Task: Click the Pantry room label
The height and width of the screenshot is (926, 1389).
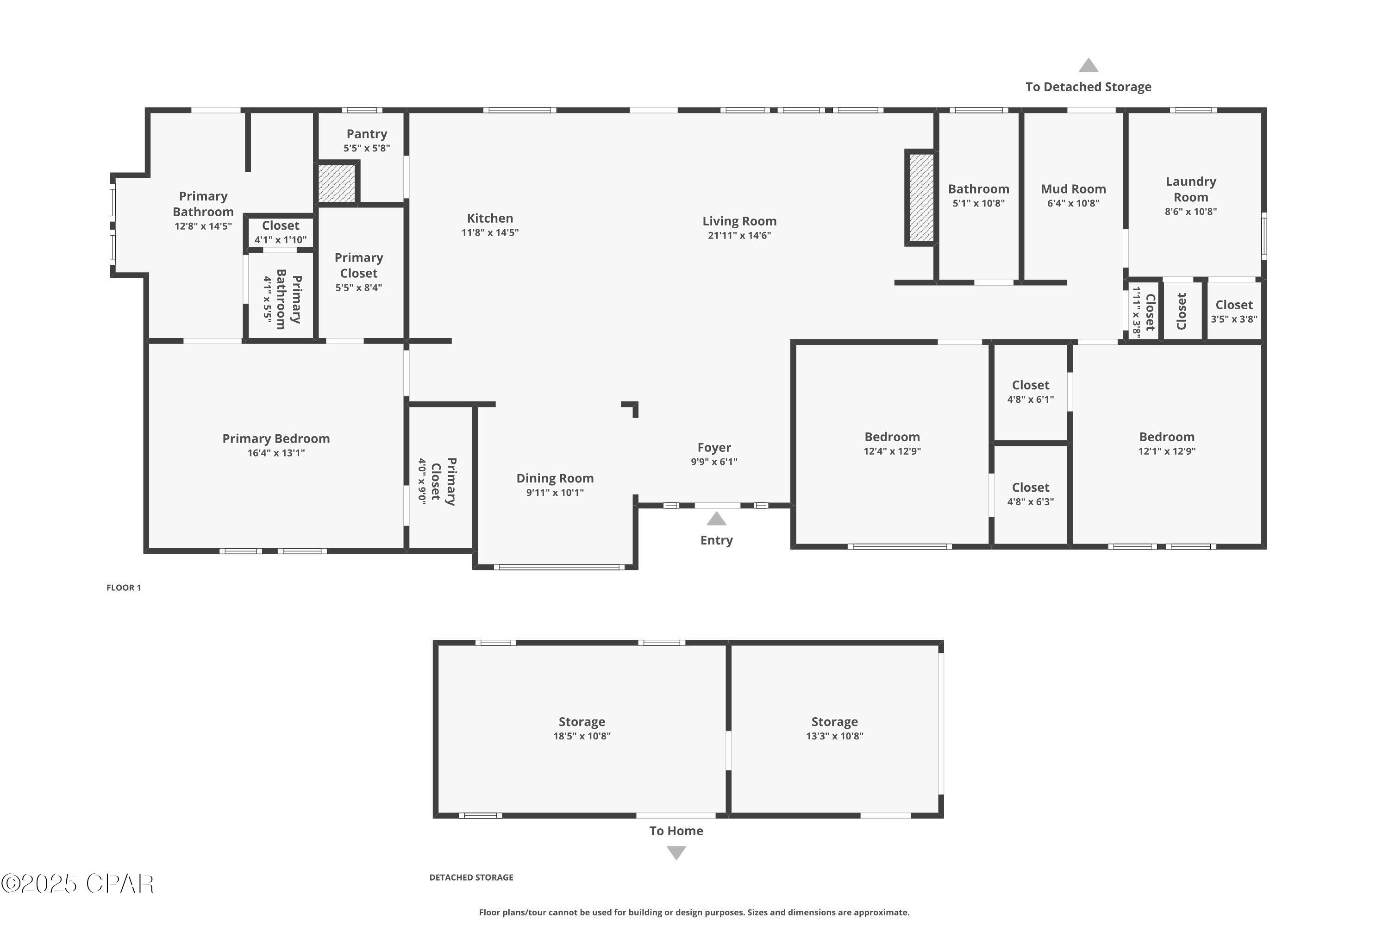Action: [367, 134]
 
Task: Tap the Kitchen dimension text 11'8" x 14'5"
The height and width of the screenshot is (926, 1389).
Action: [490, 233]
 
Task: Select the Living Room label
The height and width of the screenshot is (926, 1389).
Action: [739, 221]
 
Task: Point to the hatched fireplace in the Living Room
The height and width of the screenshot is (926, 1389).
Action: [921, 198]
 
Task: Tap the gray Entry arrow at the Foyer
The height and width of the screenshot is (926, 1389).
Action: [716, 519]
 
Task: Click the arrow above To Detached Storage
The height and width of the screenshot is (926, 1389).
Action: [1089, 65]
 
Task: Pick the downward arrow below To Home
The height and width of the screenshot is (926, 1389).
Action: [676, 853]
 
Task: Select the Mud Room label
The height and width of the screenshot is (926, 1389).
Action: [1073, 189]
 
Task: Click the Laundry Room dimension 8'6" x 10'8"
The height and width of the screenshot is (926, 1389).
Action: [1190, 212]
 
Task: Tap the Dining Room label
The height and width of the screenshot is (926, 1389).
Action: [555, 478]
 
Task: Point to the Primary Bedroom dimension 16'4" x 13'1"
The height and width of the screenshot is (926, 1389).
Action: [276, 453]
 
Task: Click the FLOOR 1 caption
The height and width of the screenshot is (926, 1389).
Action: [124, 588]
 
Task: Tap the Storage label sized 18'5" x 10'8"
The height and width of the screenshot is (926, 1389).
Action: [582, 722]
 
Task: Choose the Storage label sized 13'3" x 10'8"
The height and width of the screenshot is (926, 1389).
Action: [834, 722]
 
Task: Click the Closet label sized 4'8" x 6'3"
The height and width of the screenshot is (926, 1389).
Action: [1031, 487]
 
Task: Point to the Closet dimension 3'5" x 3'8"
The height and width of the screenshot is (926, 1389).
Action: [1234, 319]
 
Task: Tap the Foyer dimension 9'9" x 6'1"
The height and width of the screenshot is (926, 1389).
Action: [714, 462]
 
